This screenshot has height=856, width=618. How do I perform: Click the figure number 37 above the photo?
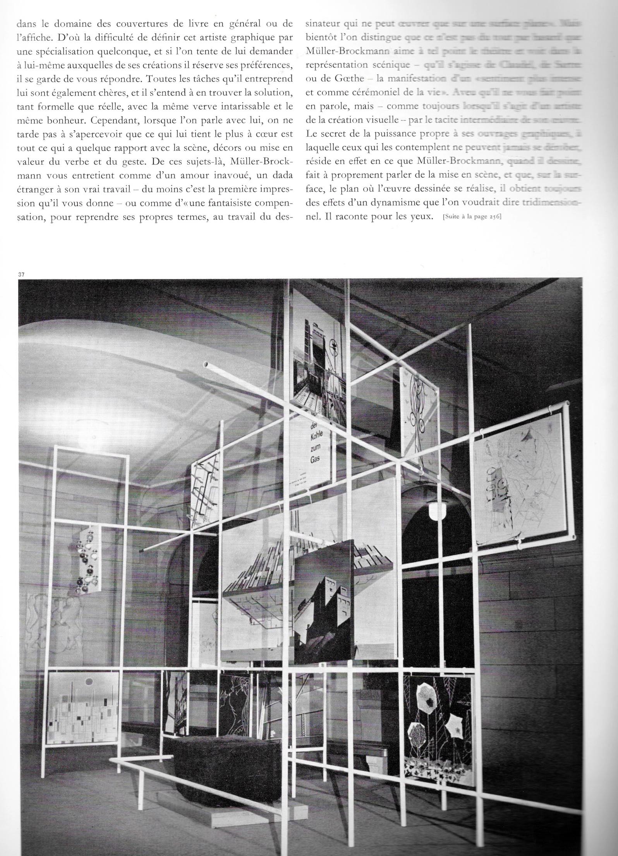point(21,274)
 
